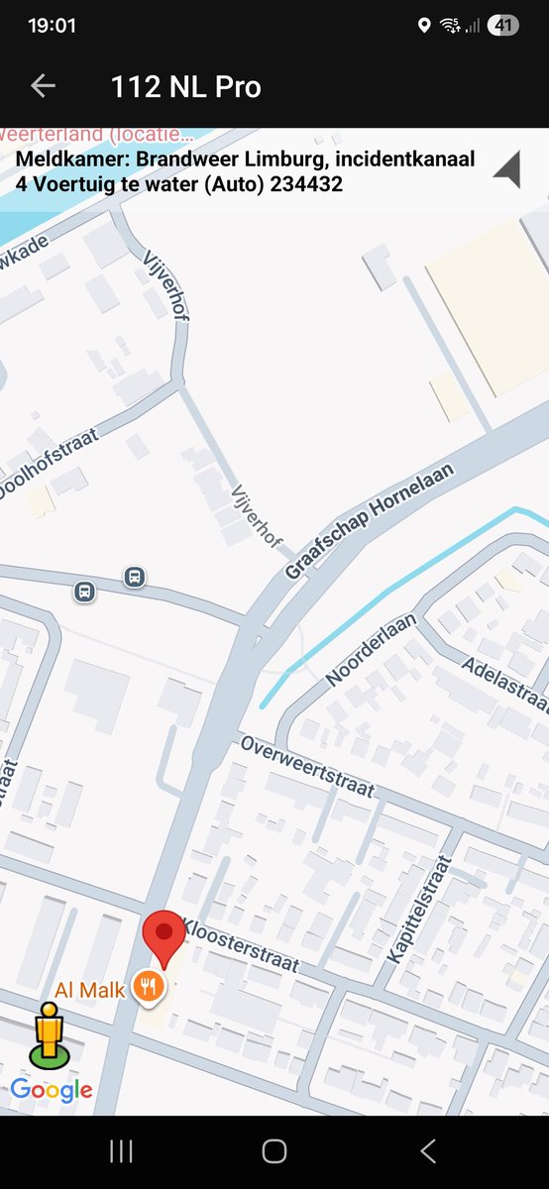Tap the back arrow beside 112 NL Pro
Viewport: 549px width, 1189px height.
pos(43,86)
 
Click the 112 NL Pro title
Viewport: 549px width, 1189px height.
pos(185,87)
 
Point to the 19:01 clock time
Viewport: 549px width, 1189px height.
pos(53,26)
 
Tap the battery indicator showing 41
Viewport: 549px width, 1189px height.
pos(502,26)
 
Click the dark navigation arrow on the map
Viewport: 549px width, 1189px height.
pos(507,169)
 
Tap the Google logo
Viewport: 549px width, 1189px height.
pos(52,1090)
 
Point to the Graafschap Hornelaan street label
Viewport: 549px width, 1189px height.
pos(368,520)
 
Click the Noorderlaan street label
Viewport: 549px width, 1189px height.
pos(372,650)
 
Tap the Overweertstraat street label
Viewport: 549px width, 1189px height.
pos(307,767)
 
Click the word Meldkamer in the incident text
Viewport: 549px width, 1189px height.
pos(69,160)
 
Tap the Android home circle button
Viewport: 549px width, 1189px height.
pos(274,1150)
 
